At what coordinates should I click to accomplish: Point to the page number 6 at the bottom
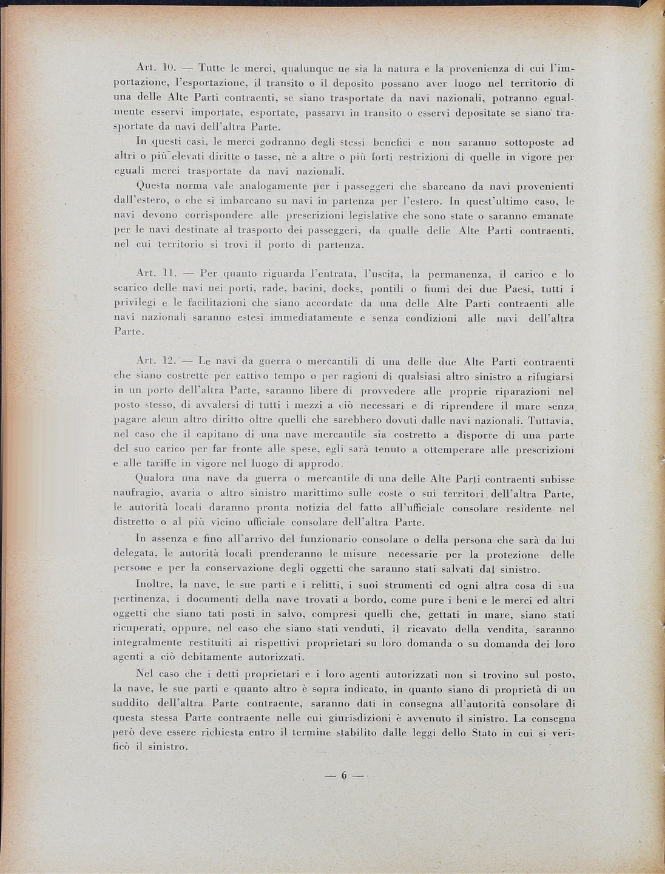(x=343, y=776)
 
